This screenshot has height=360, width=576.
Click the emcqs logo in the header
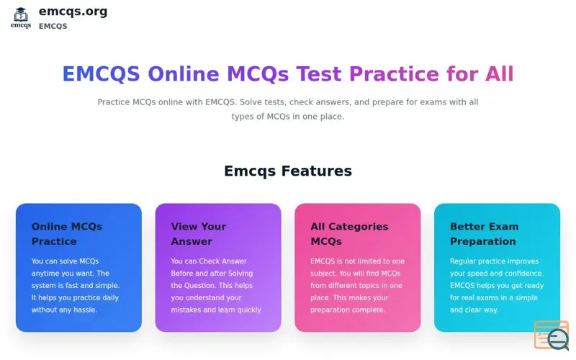pos(21,17)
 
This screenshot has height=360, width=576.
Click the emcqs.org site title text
pos(73,11)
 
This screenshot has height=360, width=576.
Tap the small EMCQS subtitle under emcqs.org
pos(53,27)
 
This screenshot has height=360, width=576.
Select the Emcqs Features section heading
pos(288,171)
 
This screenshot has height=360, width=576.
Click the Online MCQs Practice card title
pos(67,233)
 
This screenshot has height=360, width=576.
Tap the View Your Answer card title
pos(199,233)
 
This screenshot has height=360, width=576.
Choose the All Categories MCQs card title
pos(349,233)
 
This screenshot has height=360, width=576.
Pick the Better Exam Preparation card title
pos(484,233)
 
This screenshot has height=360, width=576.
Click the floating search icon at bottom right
pos(552,336)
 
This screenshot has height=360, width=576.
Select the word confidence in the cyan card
pos(521,273)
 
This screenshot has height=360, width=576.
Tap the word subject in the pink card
pos(325,273)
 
